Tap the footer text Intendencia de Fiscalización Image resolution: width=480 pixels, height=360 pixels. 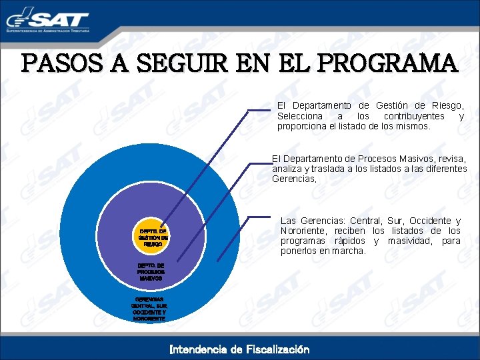coord(239,349)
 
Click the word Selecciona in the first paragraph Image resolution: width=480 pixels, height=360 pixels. coord(299,116)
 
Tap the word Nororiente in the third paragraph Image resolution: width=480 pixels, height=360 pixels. coord(305,231)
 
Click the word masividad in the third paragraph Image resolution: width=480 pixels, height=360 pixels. coord(405,241)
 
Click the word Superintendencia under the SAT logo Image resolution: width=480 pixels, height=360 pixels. coord(24,31)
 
